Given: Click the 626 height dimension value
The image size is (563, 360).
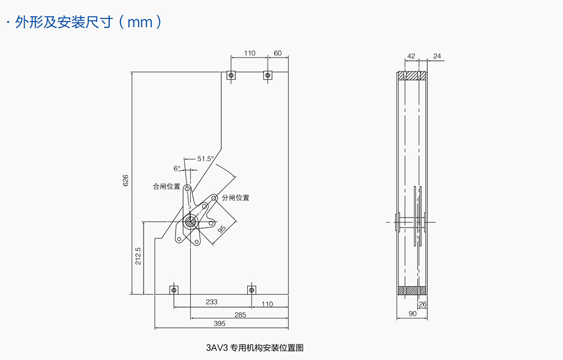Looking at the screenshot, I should [x=126, y=180].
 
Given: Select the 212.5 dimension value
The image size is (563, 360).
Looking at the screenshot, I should [x=138, y=256].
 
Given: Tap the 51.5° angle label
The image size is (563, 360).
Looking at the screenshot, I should [x=205, y=159].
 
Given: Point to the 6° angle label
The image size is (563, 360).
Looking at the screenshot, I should [x=177, y=168].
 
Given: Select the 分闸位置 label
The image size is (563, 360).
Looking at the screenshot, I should [x=235, y=198].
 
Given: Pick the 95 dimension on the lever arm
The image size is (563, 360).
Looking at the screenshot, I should [x=222, y=229].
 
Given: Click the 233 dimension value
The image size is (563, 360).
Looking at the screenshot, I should [x=211, y=302].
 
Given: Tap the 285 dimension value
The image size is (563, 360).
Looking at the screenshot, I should [x=240, y=315].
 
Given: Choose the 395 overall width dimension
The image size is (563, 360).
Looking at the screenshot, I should [x=220, y=323].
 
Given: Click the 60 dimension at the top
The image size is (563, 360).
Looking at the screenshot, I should [x=278, y=54].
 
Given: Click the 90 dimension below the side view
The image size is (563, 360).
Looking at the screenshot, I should [x=413, y=314].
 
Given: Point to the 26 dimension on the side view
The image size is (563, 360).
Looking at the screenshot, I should [x=423, y=304].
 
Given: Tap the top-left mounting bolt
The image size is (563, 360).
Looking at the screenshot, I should [x=230, y=75].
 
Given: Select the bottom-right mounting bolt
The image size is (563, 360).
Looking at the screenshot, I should [x=251, y=290].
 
